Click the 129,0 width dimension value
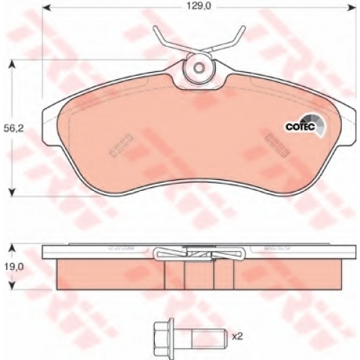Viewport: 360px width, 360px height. click(199, 6)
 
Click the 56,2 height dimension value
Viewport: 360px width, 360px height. click(14, 129)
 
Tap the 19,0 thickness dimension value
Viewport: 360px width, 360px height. click(14, 266)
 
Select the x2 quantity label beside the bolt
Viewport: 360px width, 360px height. click(238, 336)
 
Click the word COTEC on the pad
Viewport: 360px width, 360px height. click(300, 127)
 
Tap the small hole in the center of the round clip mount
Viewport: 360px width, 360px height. click(199, 68)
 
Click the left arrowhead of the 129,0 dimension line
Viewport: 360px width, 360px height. click(46, 8)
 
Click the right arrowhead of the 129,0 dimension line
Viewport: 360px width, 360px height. click(352, 8)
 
